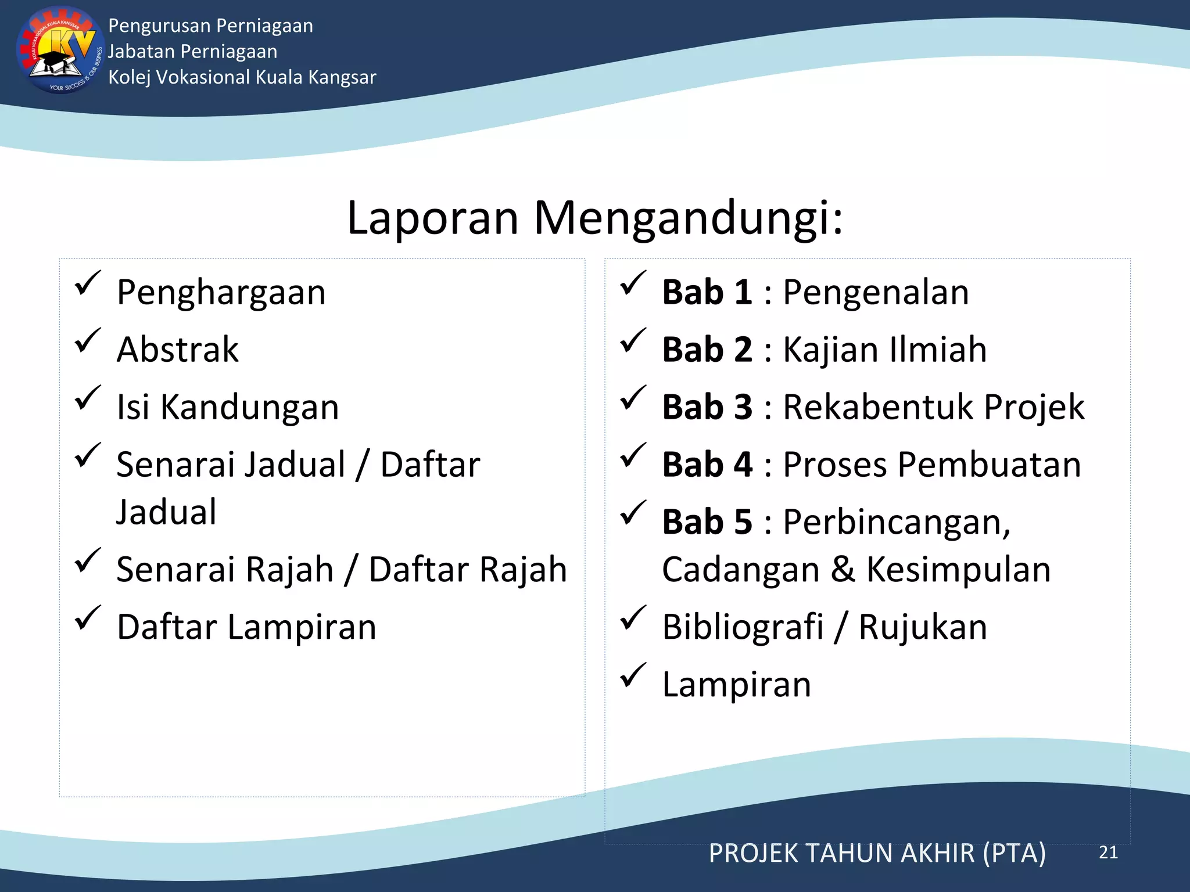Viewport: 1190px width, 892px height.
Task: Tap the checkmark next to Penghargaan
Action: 88,283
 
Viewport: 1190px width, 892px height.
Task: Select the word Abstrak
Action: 177,350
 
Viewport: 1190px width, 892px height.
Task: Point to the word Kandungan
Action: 249,407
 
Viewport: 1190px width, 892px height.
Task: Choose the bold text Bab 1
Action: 707,292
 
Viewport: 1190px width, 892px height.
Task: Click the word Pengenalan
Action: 876,292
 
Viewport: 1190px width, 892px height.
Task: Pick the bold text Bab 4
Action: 707,465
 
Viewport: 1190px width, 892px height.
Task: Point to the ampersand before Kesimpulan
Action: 843,570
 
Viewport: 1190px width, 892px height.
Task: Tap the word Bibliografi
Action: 743,627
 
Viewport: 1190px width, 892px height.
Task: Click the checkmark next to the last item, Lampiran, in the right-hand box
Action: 633,675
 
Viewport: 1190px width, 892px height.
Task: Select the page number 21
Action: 1108,853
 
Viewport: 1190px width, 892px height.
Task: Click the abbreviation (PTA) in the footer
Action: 1014,853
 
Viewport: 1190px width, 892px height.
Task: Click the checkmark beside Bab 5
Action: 633,512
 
